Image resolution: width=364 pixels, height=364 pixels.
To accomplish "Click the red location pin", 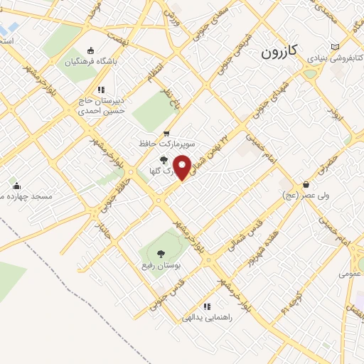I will pos(183,166).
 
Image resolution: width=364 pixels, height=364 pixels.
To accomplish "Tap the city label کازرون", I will pos(283,52).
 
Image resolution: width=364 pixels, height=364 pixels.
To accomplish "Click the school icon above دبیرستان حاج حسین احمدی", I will pos(101,90).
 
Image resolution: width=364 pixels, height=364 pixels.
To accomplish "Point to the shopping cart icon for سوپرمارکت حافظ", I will pos(166,132).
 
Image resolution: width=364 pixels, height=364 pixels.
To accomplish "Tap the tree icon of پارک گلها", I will pos(165,160).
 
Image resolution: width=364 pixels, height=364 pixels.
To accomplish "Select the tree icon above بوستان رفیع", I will pos(160,252).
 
